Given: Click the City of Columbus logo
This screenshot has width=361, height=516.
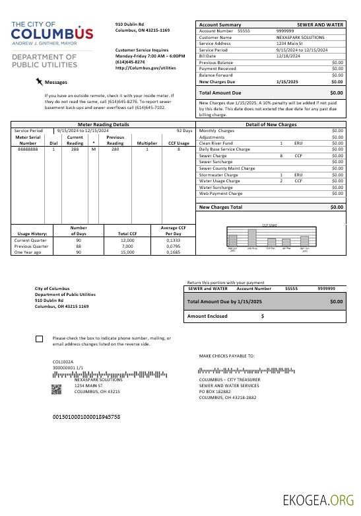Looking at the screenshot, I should pos(52,34).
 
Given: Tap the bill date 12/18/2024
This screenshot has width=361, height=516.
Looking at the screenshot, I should pos(288,56).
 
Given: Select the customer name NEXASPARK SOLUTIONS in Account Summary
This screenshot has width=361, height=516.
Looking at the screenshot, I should pos(300,38).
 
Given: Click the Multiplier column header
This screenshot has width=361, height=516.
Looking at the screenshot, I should pos(147,143).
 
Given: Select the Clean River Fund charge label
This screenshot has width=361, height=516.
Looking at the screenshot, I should pos(215,143).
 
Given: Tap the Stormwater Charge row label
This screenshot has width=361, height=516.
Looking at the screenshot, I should pos(218,174).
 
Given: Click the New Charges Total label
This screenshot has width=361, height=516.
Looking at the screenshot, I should pos(220,207).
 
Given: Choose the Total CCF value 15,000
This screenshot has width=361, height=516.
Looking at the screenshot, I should pos(127,252).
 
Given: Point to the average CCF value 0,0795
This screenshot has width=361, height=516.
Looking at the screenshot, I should pos(173,246).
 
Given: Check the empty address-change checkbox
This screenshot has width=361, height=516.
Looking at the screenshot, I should pos(39,339).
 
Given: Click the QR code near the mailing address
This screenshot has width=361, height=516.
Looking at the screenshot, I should pos(57,388).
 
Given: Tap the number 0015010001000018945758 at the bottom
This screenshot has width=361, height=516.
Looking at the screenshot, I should pos(86,418).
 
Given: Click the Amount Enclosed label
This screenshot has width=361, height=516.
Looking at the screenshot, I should pos(208,316).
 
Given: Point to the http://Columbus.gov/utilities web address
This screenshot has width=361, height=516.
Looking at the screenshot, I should pos(145,67).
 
